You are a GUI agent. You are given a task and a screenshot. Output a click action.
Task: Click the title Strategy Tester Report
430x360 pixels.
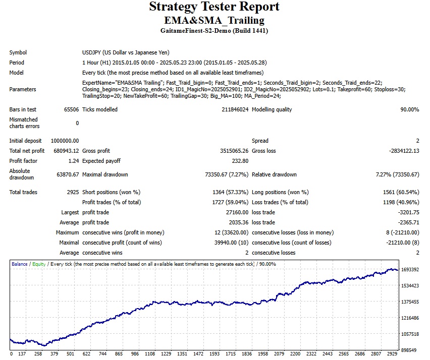tap(214, 7)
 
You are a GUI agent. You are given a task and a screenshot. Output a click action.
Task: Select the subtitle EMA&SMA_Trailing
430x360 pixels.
tap(214, 20)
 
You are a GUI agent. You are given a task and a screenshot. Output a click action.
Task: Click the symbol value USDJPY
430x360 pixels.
tap(92, 52)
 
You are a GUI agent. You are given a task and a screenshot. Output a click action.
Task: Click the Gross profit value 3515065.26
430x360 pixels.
tap(231, 151)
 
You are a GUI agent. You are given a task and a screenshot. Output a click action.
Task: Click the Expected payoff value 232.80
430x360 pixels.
tap(239, 161)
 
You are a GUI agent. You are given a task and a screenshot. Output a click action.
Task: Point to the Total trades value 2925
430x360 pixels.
tap(72, 192)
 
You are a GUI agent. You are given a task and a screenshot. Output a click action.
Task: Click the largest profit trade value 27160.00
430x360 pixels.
tap(236, 212)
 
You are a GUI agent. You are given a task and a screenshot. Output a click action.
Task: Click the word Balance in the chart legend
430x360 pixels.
tap(20, 264)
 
